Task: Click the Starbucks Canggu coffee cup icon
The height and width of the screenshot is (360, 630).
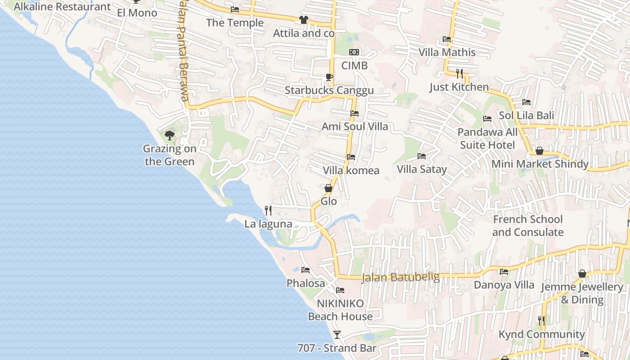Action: click(329, 77)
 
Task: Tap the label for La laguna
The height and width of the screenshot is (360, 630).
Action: click(268, 224)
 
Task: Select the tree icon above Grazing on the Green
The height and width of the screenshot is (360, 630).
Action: click(170, 135)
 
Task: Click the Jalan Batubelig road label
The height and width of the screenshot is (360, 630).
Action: click(400, 277)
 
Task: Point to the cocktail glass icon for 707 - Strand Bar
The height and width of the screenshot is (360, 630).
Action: click(337, 334)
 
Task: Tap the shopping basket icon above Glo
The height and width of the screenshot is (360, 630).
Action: click(328, 188)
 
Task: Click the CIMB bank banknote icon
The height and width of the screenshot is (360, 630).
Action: click(354, 52)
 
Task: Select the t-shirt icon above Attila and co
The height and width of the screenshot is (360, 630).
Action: click(303, 20)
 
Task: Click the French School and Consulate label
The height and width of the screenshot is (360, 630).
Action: click(528, 226)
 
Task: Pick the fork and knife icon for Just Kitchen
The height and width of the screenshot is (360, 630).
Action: click(459, 73)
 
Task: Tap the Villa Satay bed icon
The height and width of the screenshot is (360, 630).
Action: click(422, 156)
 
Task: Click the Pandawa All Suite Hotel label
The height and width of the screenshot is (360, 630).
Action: click(488, 139)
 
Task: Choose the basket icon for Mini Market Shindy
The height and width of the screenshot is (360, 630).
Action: click(539, 151)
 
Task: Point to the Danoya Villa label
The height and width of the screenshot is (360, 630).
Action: click(504, 285)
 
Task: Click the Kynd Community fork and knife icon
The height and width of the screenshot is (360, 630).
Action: click(541, 321)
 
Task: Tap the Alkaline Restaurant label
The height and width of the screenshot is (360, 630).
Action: click(62, 7)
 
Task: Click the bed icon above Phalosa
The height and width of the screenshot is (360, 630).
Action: click(306, 270)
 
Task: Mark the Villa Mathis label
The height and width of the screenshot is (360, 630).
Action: click(447, 52)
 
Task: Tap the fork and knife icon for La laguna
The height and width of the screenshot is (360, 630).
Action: click(268, 210)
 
